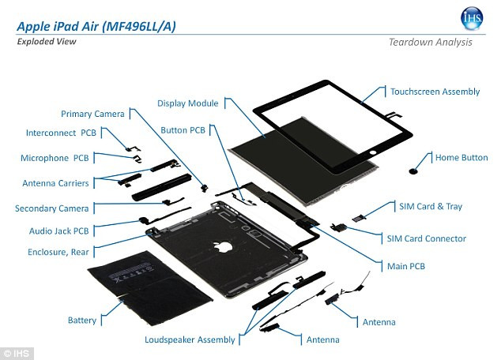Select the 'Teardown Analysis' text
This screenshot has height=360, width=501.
point(430,42)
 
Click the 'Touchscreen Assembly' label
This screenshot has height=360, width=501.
point(435,92)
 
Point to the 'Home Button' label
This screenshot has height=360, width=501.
point(461,158)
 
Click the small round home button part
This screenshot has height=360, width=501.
point(414,169)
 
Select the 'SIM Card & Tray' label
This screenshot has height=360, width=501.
point(431,207)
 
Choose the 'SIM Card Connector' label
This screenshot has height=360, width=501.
point(426,238)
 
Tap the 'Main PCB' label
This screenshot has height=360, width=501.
point(405,267)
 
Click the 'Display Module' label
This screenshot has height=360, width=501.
point(187,103)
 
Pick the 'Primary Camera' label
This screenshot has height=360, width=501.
point(92,114)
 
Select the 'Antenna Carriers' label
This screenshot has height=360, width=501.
point(55,183)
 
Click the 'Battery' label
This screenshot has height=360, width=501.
point(81,321)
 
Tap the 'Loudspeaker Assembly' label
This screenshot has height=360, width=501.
point(190,339)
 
